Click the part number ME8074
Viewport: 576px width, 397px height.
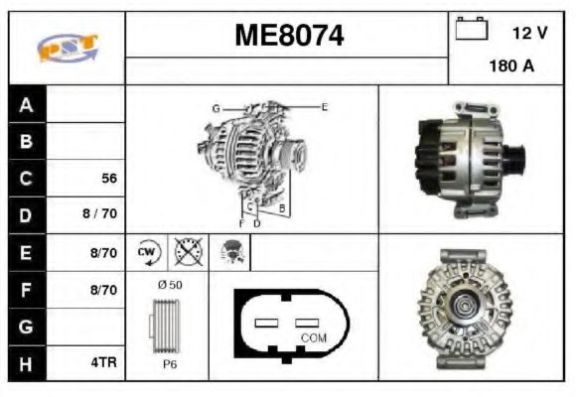click(x=288, y=36)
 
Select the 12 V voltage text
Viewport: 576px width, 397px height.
click(x=529, y=33)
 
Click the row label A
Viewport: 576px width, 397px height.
click(x=27, y=105)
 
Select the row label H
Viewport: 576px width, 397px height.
click(x=27, y=363)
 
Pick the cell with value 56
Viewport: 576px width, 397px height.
click(x=109, y=179)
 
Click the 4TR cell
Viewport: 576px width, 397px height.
click(x=103, y=363)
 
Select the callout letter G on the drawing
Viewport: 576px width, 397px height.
click(x=215, y=107)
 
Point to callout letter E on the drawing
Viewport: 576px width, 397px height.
click(x=324, y=106)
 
